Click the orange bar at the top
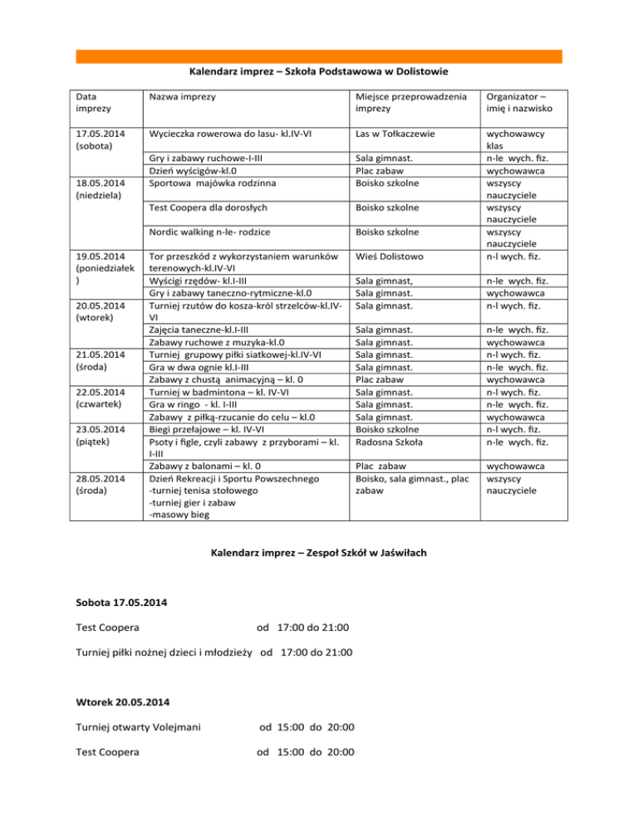tap(319, 56)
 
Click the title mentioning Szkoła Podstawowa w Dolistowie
tap(319, 72)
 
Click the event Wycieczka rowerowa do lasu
tap(233, 132)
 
